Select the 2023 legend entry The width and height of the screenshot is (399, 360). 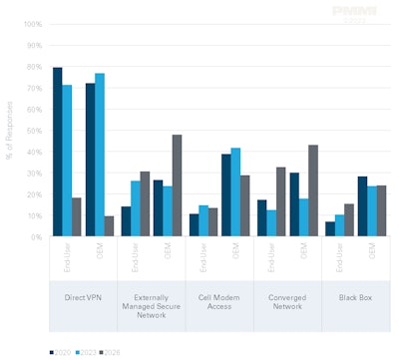(x=84, y=352)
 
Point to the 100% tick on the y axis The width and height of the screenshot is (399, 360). (x=32, y=24)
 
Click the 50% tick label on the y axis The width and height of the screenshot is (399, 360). (x=34, y=131)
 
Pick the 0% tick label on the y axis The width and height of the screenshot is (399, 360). (x=36, y=237)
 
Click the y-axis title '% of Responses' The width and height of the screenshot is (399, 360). (x=9, y=131)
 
